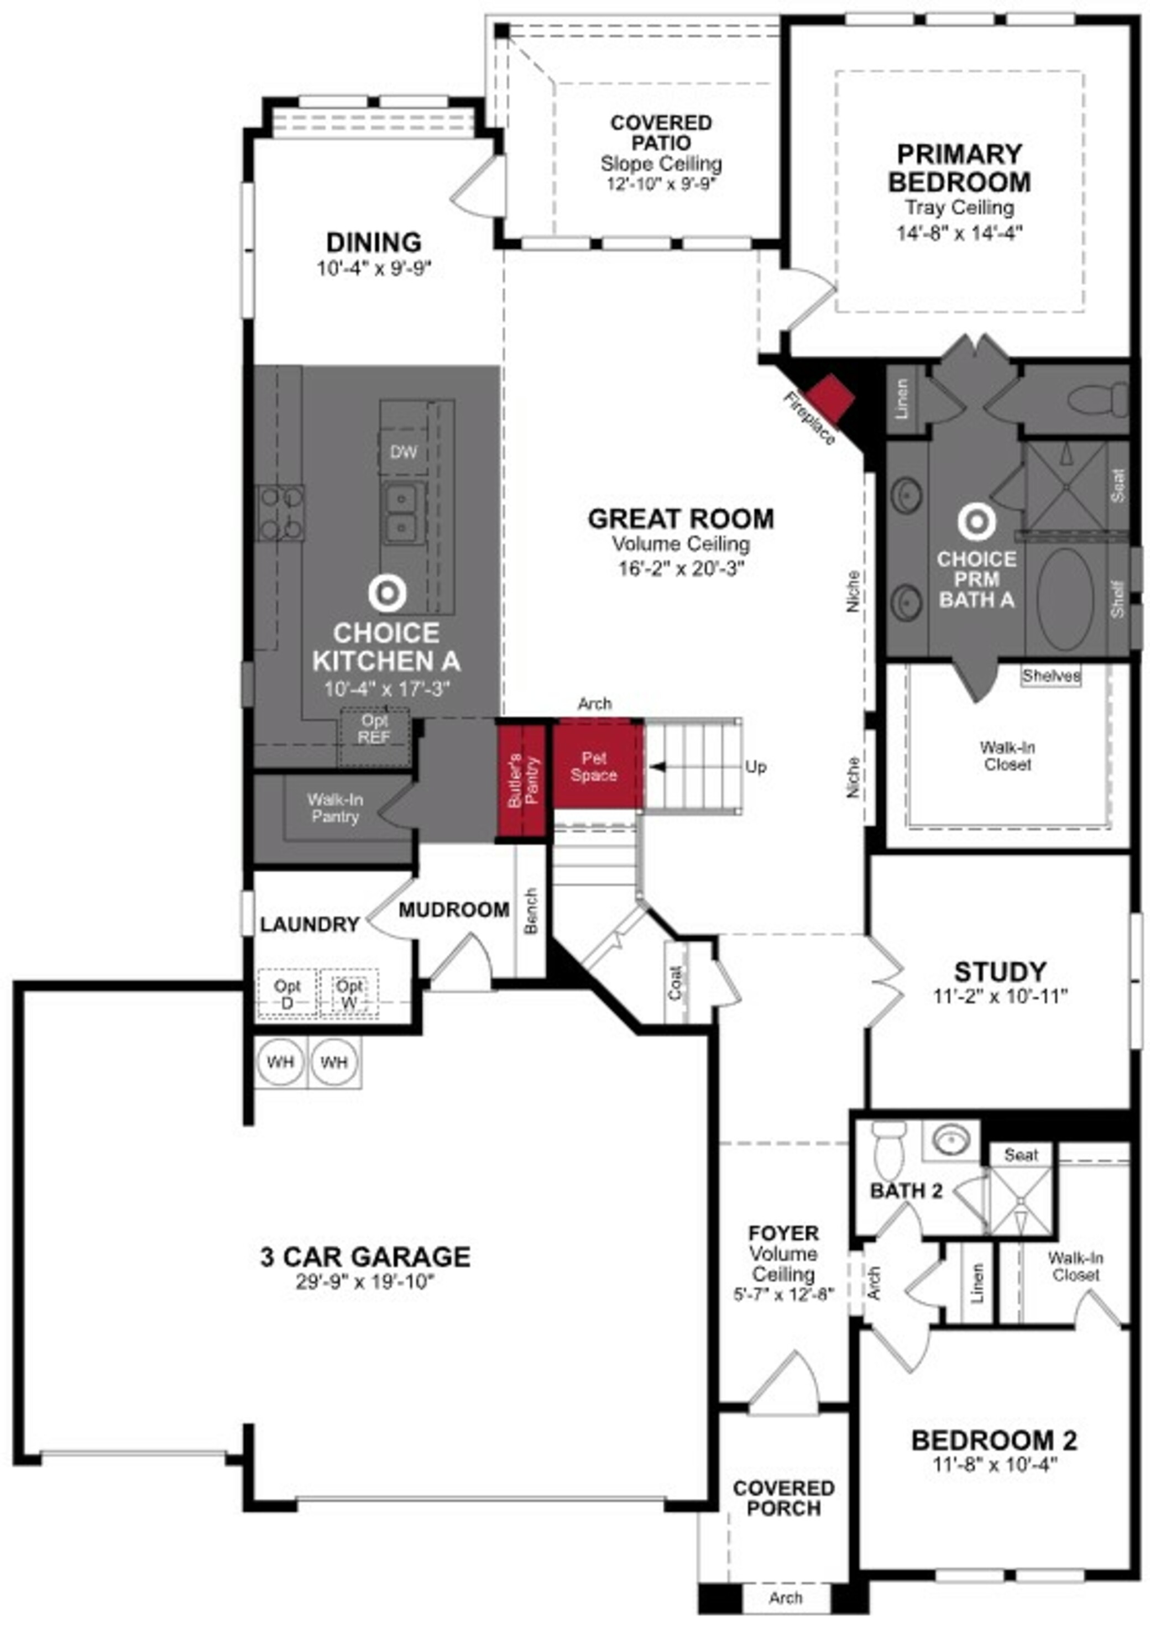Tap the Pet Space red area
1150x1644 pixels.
point(594,766)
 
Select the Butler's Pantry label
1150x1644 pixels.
point(524,781)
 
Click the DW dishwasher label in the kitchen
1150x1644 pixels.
point(403,452)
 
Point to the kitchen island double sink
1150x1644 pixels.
point(402,512)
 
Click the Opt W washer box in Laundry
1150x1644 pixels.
point(349,994)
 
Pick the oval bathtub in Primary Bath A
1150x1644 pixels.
point(1065,599)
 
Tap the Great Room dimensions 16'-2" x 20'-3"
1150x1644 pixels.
point(680,568)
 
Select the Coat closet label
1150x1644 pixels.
point(675,982)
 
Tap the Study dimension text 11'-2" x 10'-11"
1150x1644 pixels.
point(1000,996)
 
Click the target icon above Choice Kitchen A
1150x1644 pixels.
point(386,593)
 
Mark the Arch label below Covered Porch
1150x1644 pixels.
point(786,1598)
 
